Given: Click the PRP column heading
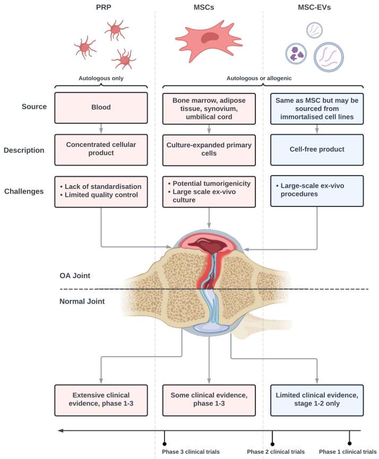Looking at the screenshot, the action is pos(104,7).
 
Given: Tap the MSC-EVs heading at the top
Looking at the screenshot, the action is pos(314,7).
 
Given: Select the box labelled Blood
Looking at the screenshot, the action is pos(101,108).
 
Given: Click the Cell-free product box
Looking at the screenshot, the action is pos(317,150).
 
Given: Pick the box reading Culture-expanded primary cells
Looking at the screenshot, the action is pos(209,150).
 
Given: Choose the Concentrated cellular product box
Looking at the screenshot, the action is pos(101,150).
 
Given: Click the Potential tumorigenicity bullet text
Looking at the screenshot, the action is pos(210,184).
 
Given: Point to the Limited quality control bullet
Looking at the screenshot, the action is pos(99,195).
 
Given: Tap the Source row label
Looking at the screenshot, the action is pos(34,107).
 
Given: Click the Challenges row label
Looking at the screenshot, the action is pos(24,191).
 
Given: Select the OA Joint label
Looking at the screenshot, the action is pos(75,275).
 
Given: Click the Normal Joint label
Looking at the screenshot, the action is pos(82,301).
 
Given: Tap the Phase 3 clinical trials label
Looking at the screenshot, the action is pos(191,452).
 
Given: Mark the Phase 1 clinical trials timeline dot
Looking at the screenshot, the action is pos(349,444).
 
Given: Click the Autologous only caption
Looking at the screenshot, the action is pos(101,78).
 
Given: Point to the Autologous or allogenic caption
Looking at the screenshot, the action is pos(259,78).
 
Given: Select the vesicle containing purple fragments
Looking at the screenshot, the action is pos(296,54).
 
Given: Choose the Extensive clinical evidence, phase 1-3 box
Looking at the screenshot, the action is pos(101,400).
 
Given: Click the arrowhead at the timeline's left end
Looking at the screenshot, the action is pos(61,430).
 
